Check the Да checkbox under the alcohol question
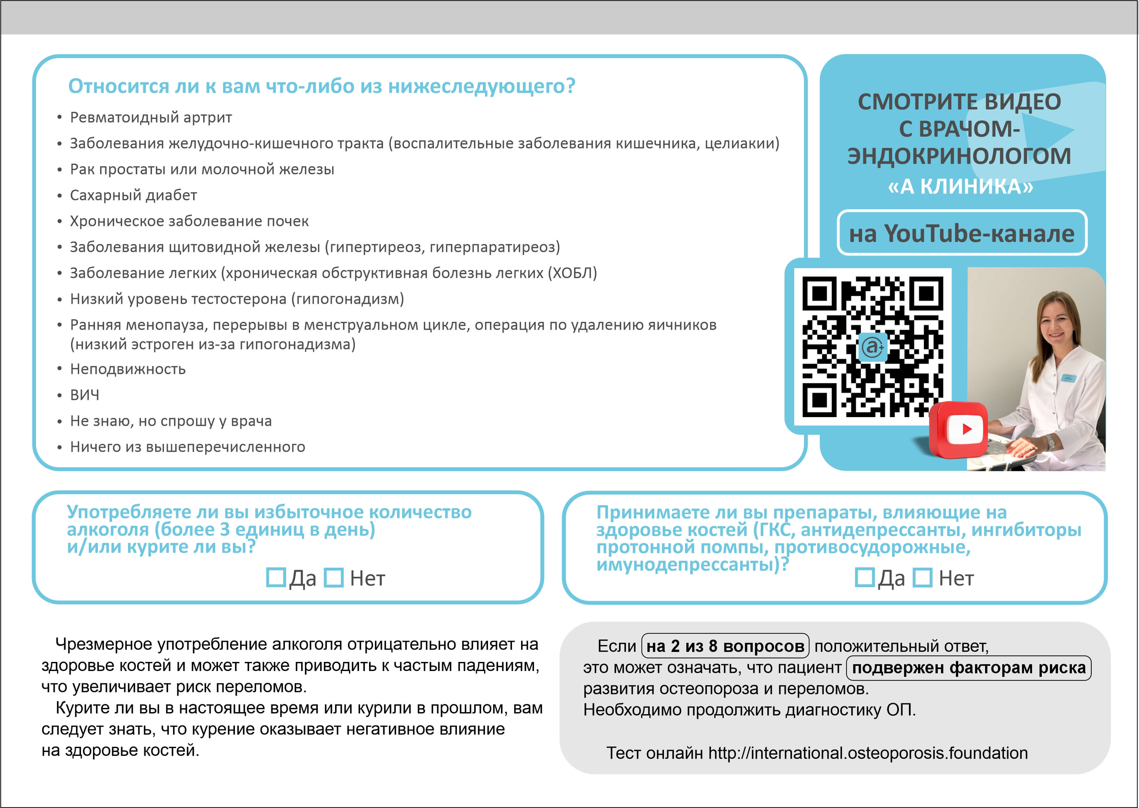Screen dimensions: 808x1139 [276, 578]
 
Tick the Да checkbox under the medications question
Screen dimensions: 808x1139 [864, 578]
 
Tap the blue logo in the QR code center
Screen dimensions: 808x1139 [873, 347]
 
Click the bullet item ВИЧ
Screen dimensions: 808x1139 [85, 395]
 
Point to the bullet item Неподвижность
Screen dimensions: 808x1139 [128, 369]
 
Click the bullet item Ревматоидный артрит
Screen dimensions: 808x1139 [151, 118]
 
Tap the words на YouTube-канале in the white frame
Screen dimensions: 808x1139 [962, 233]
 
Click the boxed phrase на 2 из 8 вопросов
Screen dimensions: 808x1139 [725, 646]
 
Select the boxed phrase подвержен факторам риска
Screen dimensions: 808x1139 [969, 668]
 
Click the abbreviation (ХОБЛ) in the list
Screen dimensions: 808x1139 [572, 273]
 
